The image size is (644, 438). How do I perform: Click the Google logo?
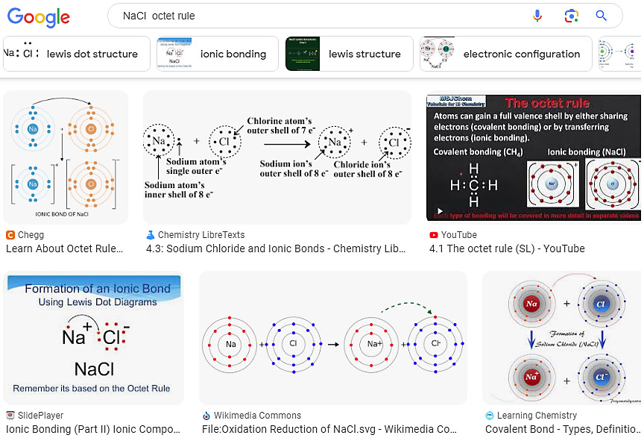click(x=39, y=16)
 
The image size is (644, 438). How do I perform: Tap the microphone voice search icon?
click(x=537, y=16)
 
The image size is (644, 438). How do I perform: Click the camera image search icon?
click(x=571, y=16)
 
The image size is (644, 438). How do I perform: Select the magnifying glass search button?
click(x=602, y=16)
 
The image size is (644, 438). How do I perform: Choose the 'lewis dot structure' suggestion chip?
click(x=73, y=54)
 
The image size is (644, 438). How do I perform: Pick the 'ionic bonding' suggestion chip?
click(x=217, y=54)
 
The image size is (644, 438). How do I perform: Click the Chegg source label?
click(x=30, y=235)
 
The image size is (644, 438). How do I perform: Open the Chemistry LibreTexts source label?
click(x=201, y=235)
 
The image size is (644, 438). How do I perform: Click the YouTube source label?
click(x=458, y=235)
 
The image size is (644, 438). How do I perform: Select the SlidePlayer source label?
click(x=40, y=416)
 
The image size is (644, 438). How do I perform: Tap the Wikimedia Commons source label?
click(x=257, y=416)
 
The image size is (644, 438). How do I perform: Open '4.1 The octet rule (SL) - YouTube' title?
click(x=507, y=248)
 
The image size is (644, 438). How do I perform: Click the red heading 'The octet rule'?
click(x=546, y=104)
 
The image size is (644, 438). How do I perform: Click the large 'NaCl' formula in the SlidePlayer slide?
click(x=93, y=369)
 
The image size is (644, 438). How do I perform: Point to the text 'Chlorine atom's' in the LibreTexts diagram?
click(x=280, y=121)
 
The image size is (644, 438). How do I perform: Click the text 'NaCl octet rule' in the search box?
click(x=159, y=16)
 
